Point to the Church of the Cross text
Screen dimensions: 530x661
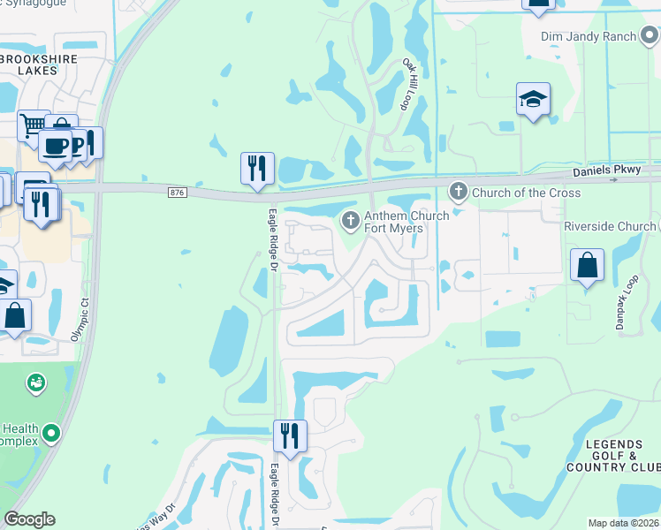(x=526, y=193)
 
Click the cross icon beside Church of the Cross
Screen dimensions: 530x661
(x=458, y=191)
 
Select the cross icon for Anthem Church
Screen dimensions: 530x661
(x=350, y=219)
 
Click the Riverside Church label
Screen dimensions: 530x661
(x=610, y=226)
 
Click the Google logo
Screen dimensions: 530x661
(x=29, y=519)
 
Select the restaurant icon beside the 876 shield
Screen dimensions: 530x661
(x=257, y=167)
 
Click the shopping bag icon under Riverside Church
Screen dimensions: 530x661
(x=587, y=264)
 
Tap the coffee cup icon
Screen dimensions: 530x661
(x=55, y=146)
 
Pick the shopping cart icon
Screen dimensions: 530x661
(x=33, y=125)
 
